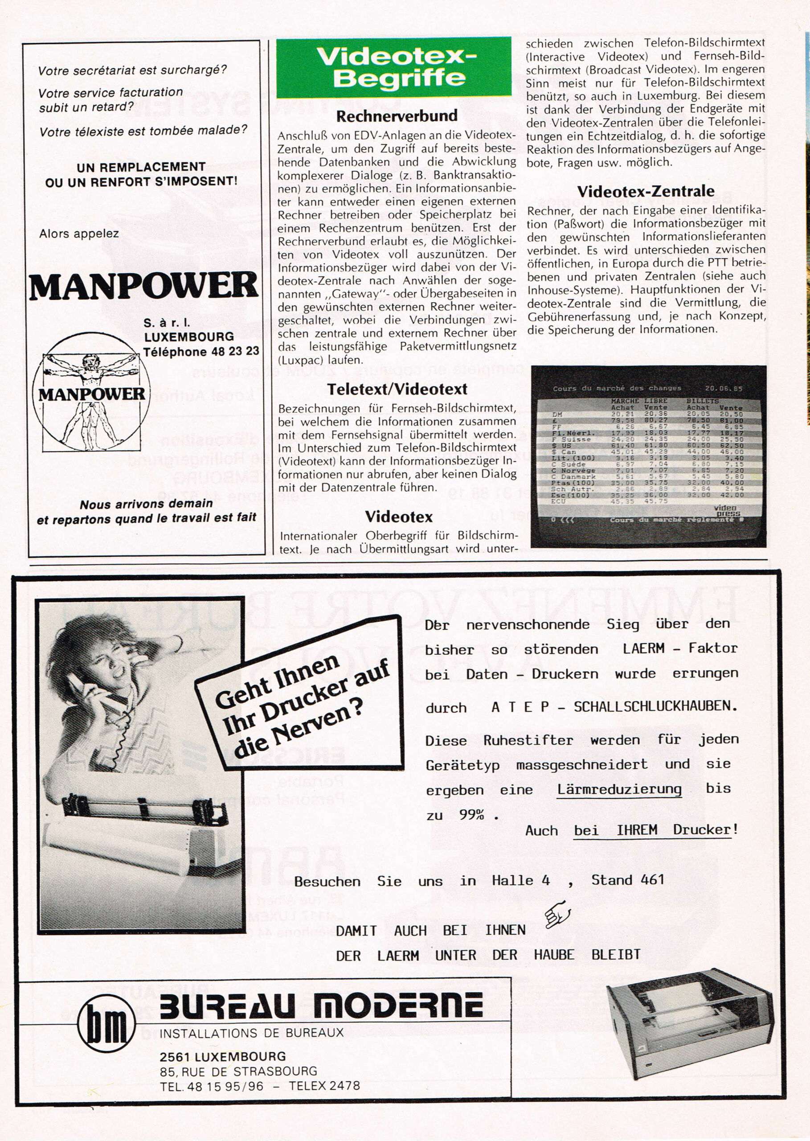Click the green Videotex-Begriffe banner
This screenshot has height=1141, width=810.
point(394,67)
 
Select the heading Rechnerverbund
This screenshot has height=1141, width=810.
point(397,116)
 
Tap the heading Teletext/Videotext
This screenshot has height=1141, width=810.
point(397,389)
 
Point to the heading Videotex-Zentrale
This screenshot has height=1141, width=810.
point(646,191)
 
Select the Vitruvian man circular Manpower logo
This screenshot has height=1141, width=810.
point(92,392)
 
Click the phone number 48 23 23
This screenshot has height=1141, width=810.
point(235,352)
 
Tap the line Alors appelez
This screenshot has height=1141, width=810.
point(79,234)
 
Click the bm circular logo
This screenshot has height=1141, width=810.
point(106,1023)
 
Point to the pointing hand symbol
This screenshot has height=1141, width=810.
point(558,914)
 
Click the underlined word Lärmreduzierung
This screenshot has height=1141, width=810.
point(619,789)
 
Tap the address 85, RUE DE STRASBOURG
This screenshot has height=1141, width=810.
point(238,1071)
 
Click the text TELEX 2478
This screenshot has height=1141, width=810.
point(324,1086)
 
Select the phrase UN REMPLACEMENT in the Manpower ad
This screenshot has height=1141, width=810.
point(141,167)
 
